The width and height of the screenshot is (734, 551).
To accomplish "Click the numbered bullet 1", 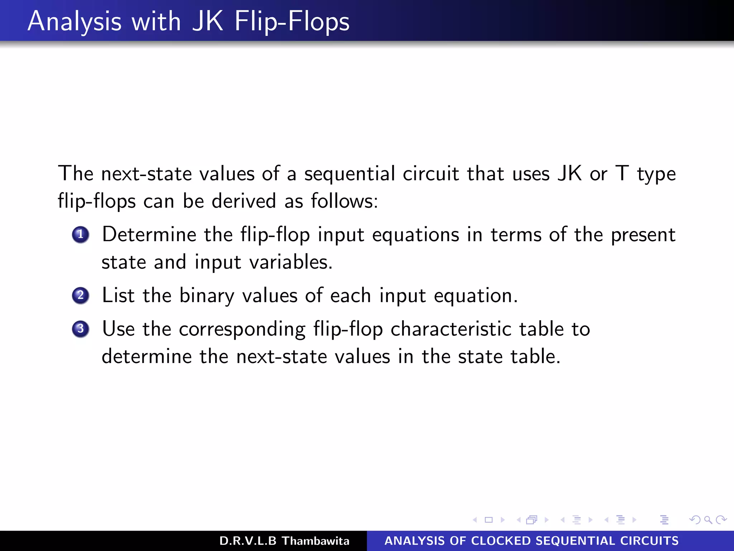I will pos(81,235).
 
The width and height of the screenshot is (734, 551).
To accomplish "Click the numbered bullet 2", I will pos(81,296).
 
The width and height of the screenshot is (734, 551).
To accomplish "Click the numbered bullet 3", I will pos(81,329).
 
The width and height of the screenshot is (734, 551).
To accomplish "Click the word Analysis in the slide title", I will pos(75,22).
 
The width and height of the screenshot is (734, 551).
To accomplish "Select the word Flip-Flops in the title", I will pos(292,22).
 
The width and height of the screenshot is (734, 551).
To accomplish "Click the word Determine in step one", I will pos(149,235).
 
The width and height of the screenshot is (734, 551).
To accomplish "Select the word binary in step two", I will pos(207,296).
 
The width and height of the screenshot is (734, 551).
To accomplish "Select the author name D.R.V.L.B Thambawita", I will pos(284,541).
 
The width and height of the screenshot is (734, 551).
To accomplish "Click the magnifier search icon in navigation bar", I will pos(708,520).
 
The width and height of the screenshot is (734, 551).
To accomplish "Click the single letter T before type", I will pos(622,174).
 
